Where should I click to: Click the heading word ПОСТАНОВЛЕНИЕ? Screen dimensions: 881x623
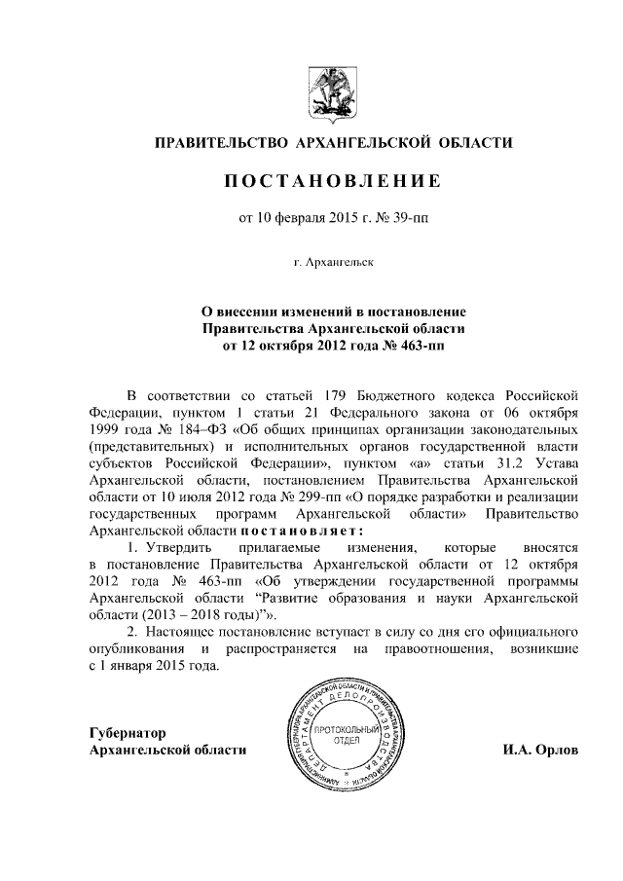point(335,182)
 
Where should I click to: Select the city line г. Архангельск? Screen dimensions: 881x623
point(334,262)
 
